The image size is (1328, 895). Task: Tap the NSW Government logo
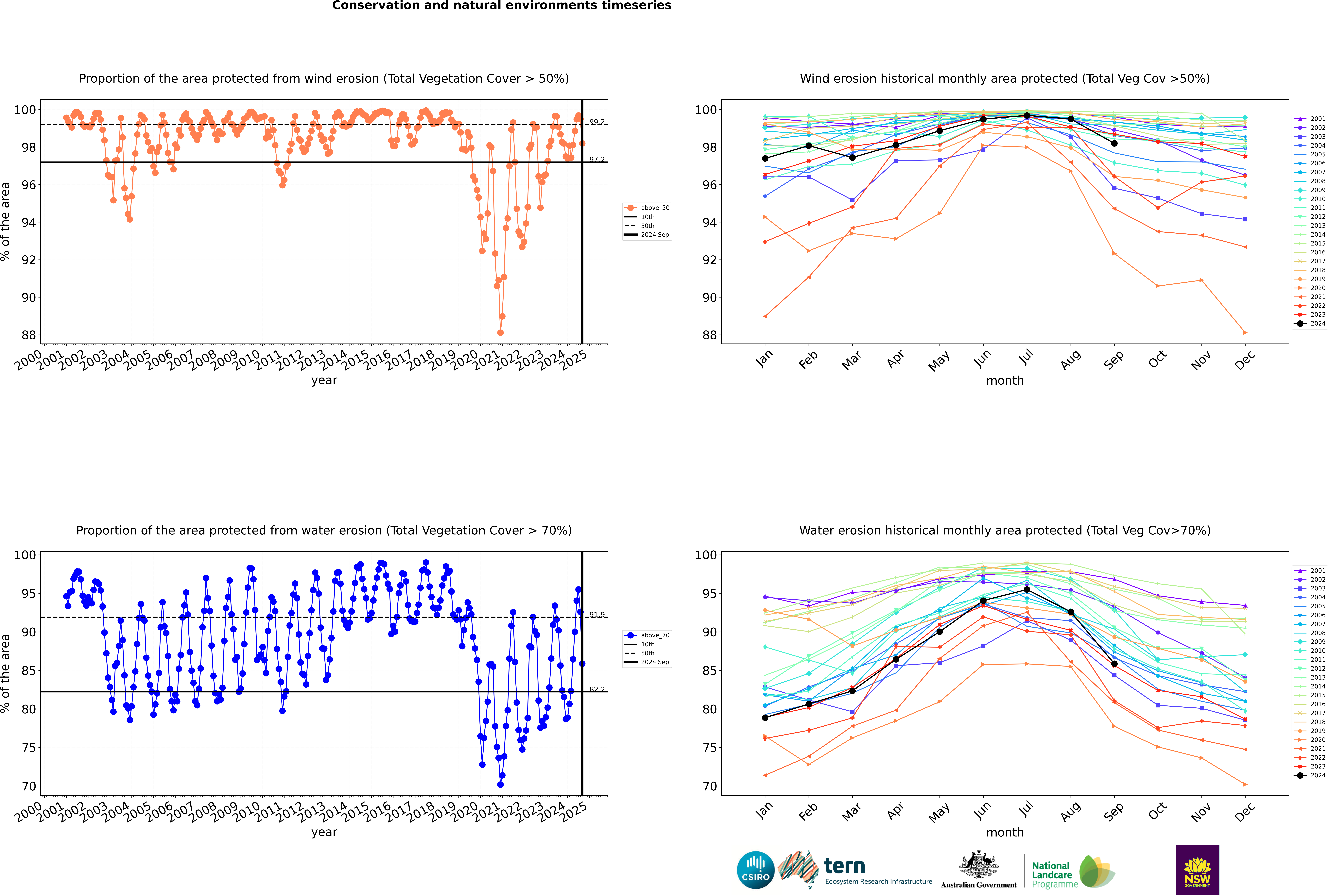point(1197,869)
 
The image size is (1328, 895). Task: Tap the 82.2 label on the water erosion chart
point(597,689)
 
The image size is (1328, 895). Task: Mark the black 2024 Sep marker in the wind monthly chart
point(1114,143)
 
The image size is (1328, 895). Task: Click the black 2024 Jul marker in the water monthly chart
point(1026,590)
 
